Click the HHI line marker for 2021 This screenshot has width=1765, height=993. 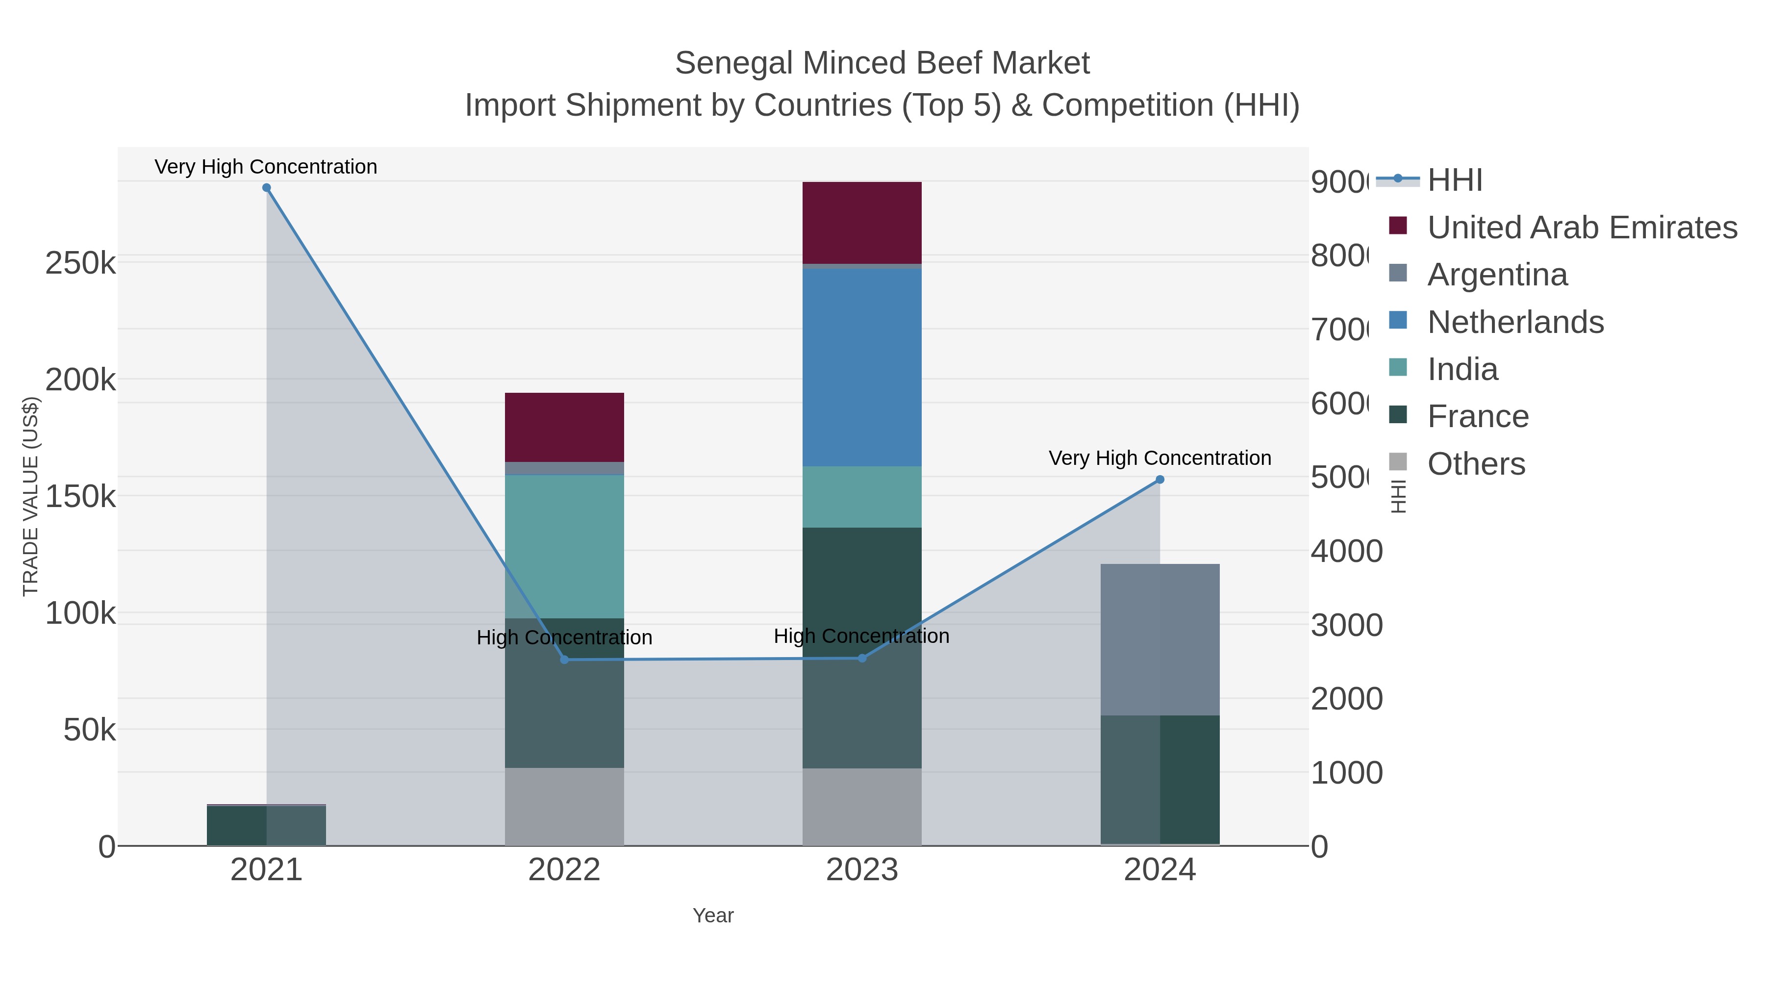267,188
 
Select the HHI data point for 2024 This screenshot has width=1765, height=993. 1160,480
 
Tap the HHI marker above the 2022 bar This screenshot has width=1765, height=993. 565,660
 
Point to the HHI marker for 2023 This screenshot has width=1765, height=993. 862,659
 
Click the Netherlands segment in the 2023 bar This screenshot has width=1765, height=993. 862,367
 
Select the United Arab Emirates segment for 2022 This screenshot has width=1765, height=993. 565,427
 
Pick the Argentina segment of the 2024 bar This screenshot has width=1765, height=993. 1160,639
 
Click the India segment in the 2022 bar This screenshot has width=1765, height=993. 565,546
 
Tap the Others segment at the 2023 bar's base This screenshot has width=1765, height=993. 862,807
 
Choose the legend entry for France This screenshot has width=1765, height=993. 1477,417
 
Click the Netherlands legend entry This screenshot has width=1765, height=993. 1515,322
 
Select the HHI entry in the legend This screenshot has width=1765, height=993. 1455,180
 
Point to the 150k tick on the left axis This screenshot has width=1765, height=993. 80,496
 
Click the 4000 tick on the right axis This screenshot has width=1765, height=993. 1346,552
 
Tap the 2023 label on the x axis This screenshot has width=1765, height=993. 862,870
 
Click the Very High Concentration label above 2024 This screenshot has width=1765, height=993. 1160,458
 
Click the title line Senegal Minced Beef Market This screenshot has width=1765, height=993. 882,63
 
